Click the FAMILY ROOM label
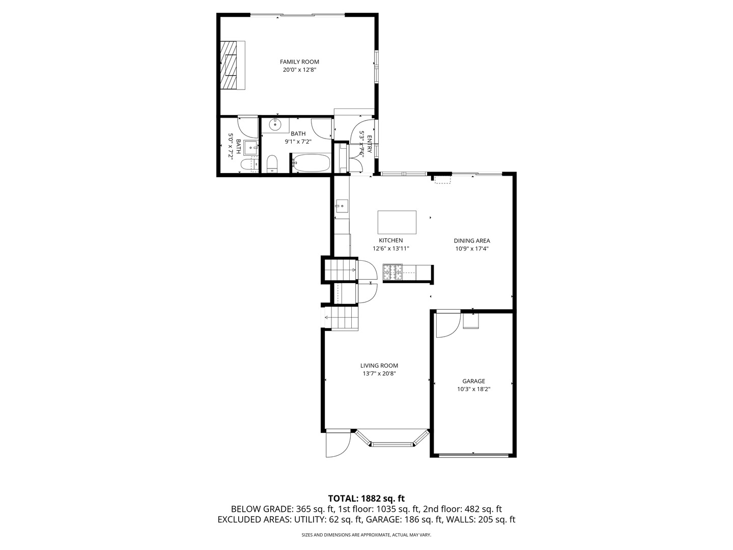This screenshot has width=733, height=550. [299, 62]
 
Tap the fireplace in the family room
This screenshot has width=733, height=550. [232, 65]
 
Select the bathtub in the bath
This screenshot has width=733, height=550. [310, 163]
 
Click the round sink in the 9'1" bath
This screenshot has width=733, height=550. [275, 124]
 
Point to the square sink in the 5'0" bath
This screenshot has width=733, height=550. [250, 148]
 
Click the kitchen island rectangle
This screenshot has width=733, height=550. [397, 222]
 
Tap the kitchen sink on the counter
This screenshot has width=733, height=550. [342, 206]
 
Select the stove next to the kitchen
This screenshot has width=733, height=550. [392, 272]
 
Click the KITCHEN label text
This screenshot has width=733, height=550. [390, 240]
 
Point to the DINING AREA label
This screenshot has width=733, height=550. [472, 241]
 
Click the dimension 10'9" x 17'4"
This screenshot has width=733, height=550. [472, 249]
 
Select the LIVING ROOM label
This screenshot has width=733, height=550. [379, 365]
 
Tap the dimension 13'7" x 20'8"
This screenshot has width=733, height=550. [379, 374]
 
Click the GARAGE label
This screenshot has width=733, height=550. [473, 381]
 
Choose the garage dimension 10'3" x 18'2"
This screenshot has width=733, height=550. [473, 389]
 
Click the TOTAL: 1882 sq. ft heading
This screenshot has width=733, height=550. [366, 498]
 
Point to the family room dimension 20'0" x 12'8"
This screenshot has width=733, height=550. [299, 70]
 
